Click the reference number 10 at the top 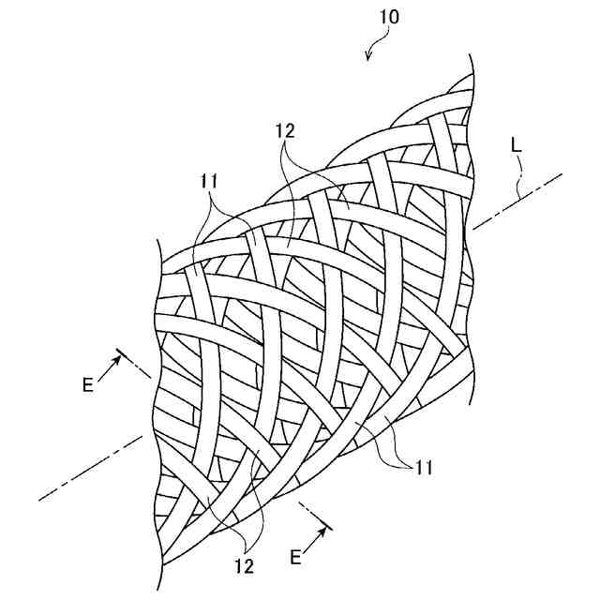(x=391, y=18)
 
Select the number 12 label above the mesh (x=286, y=132)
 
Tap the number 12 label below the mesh (x=243, y=564)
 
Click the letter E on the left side (x=87, y=384)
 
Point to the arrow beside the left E (x=108, y=367)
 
